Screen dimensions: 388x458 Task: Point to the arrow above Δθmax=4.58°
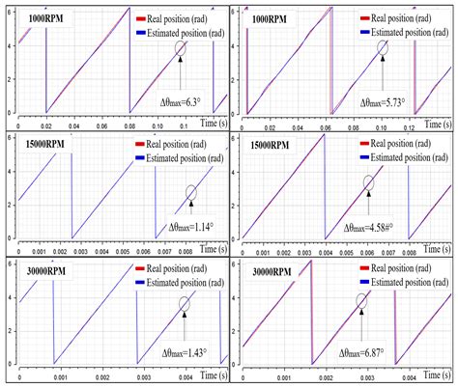368,203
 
